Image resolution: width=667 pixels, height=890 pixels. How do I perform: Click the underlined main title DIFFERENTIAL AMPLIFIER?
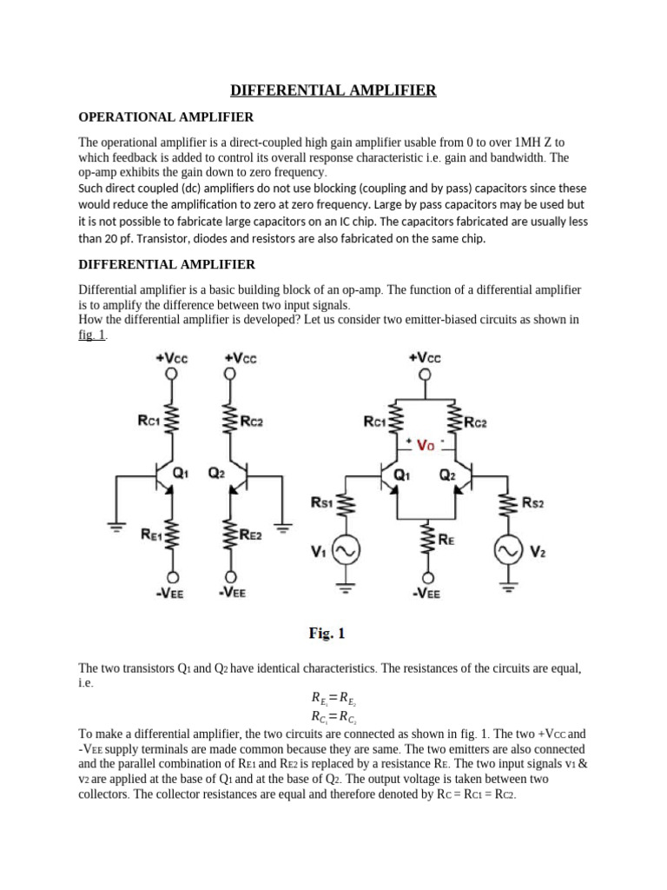[x=333, y=90]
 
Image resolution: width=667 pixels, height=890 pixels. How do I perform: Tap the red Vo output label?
[x=426, y=445]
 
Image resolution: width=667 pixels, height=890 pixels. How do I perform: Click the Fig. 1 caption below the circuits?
[x=327, y=634]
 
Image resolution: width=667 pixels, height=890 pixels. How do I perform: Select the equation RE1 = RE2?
[x=333, y=698]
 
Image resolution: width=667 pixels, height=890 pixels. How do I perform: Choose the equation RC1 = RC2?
[x=333, y=717]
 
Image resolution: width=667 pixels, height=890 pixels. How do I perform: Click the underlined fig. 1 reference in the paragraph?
[x=92, y=335]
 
